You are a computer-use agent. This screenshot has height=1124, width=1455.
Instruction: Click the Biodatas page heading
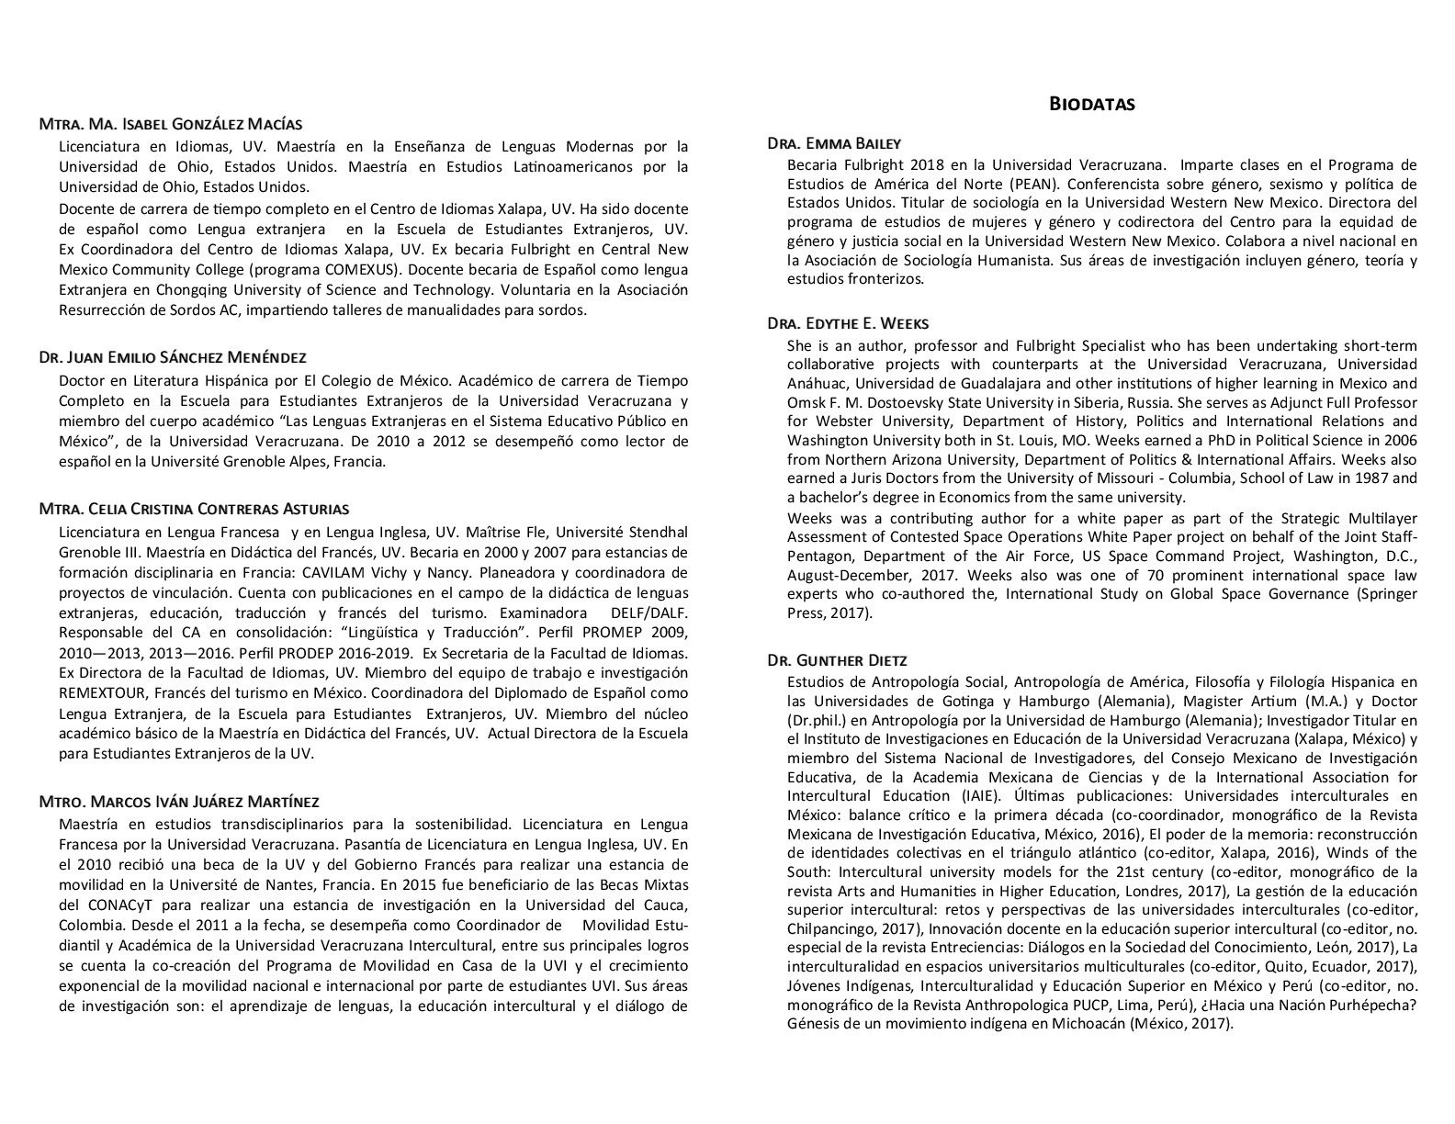pyautogui.click(x=1091, y=104)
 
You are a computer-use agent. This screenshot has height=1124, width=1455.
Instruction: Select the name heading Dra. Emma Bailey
pyautogui.click(x=834, y=143)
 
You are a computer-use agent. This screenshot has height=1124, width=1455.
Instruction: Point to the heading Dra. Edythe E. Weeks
pyautogui.click(x=848, y=323)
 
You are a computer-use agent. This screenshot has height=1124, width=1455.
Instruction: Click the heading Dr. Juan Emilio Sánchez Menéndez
pyautogui.click(x=173, y=357)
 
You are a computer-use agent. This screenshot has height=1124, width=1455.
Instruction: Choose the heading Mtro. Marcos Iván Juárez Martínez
pyautogui.click(x=179, y=802)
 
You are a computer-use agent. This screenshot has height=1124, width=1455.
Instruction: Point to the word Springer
pyautogui.click(x=1385, y=594)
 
